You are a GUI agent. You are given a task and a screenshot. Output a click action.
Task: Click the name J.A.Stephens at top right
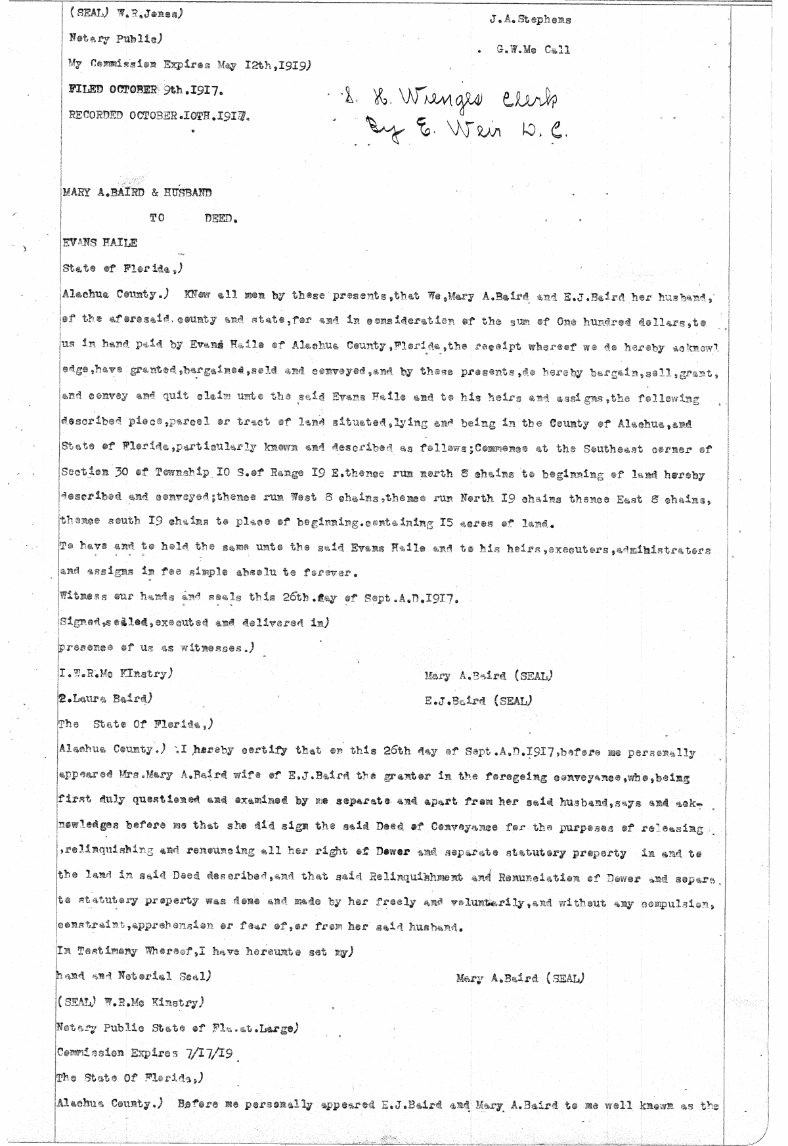pos(530,20)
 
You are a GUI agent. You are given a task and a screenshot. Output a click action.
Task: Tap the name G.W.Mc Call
pos(533,50)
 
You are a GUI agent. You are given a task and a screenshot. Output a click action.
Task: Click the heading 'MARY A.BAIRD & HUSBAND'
pos(137,193)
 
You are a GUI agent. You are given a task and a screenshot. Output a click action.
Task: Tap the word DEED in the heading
pos(219,219)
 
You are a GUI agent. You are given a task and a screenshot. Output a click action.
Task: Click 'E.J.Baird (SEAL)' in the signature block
pos(478,701)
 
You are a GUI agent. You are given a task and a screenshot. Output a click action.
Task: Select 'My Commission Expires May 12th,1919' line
pos(189,64)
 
